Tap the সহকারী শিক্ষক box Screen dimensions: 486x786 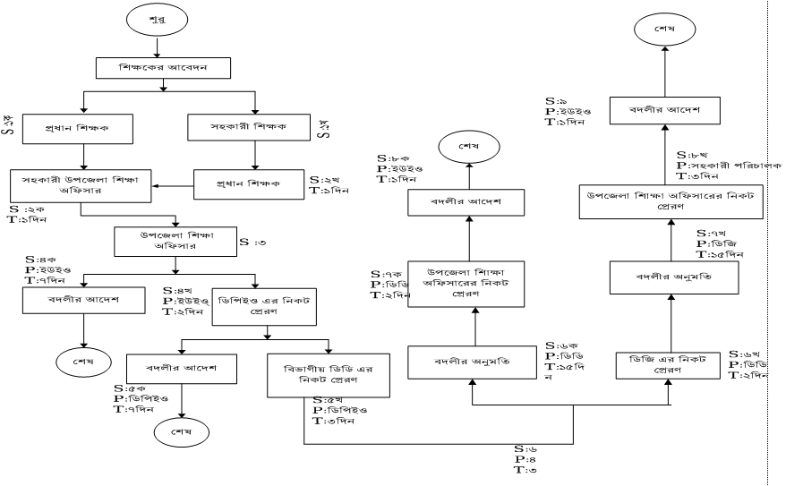[256, 127]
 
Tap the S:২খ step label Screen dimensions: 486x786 [323, 179]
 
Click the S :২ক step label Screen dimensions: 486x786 [26, 209]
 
